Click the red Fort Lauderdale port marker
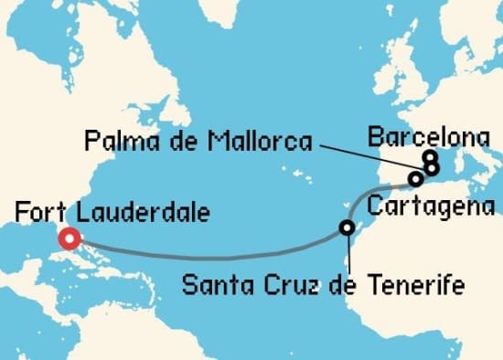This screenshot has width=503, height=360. [68, 241]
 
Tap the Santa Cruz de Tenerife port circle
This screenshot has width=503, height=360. [347, 228]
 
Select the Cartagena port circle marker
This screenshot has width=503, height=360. [416, 178]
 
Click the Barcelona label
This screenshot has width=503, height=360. [427, 138]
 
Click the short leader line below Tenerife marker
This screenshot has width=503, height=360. [348, 251]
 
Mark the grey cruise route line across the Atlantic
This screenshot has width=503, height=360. [210, 255]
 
